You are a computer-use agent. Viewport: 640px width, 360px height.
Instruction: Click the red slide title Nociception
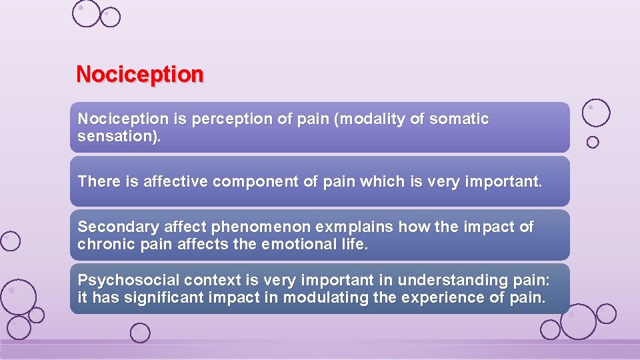[140, 74]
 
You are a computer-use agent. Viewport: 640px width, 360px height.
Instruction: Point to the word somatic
[459, 119]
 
